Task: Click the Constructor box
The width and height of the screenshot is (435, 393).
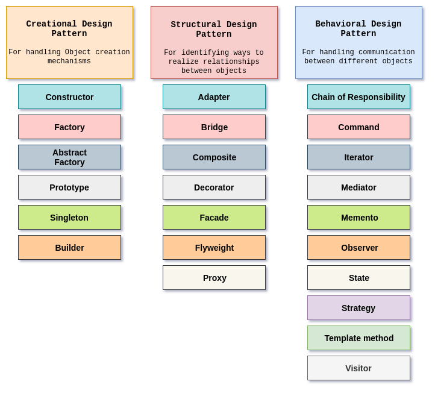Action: click(x=69, y=97)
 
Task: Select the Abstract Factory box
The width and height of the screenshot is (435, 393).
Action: click(x=69, y=157)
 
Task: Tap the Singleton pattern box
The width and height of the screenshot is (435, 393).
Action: click(x=69, y=218)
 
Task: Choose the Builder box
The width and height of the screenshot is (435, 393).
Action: click(x=69, y=248)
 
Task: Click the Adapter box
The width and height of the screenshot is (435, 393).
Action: click(x=214, y=97)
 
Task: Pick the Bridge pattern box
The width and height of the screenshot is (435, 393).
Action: click(x=214, y=127)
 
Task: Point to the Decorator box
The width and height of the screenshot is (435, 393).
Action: click(x=214, y=187)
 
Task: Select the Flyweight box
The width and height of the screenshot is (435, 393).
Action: click(x=214, y=248)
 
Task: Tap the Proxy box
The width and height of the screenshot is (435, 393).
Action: click(x=214, y=278)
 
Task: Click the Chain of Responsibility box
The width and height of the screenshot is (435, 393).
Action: click(x=358, y=97)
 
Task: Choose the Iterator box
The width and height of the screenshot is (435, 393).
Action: click(x=358, y=157)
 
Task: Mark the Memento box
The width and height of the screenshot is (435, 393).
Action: click(x=358, y=218)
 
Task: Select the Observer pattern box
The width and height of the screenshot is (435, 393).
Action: click(x=358, y=248)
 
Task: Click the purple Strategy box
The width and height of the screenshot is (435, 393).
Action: click(x=358, y=308)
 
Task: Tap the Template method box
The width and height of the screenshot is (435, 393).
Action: click(x=358, y=338)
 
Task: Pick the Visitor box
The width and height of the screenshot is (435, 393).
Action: click(x=358, y=368)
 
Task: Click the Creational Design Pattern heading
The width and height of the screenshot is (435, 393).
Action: click(x=69, y=29)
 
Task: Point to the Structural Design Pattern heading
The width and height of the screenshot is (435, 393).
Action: click(x=214, y=30)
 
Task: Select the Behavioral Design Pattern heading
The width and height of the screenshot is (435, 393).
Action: click(x=358, y=29)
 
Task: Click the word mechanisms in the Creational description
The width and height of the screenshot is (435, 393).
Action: click(x=69, y=61)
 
